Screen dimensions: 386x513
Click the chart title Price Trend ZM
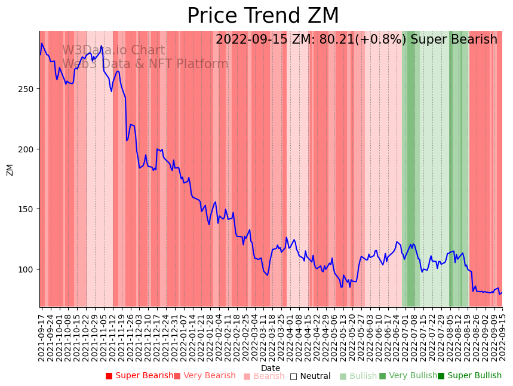(x=263, y=16)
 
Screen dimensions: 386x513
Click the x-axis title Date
(x=271, y=368)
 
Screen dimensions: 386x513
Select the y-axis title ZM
(x=10, y=170)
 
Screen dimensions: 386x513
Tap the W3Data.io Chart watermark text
(x=113, y=51)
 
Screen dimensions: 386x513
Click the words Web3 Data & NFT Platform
(x=145, y=64)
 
